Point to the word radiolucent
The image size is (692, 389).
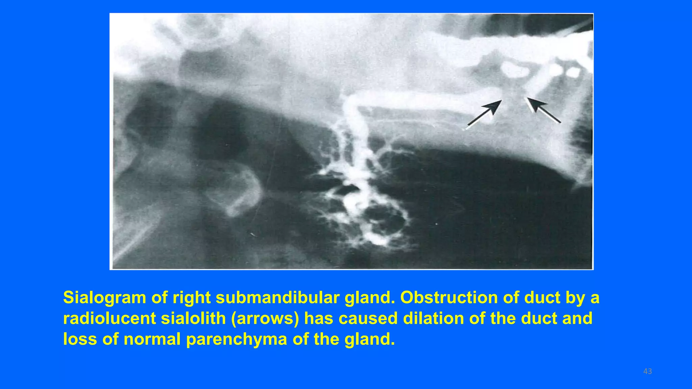[109, 318]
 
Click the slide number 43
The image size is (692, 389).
[647, 371]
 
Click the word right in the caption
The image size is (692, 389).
[192, 298]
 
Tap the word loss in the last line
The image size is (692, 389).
[80, 339]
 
